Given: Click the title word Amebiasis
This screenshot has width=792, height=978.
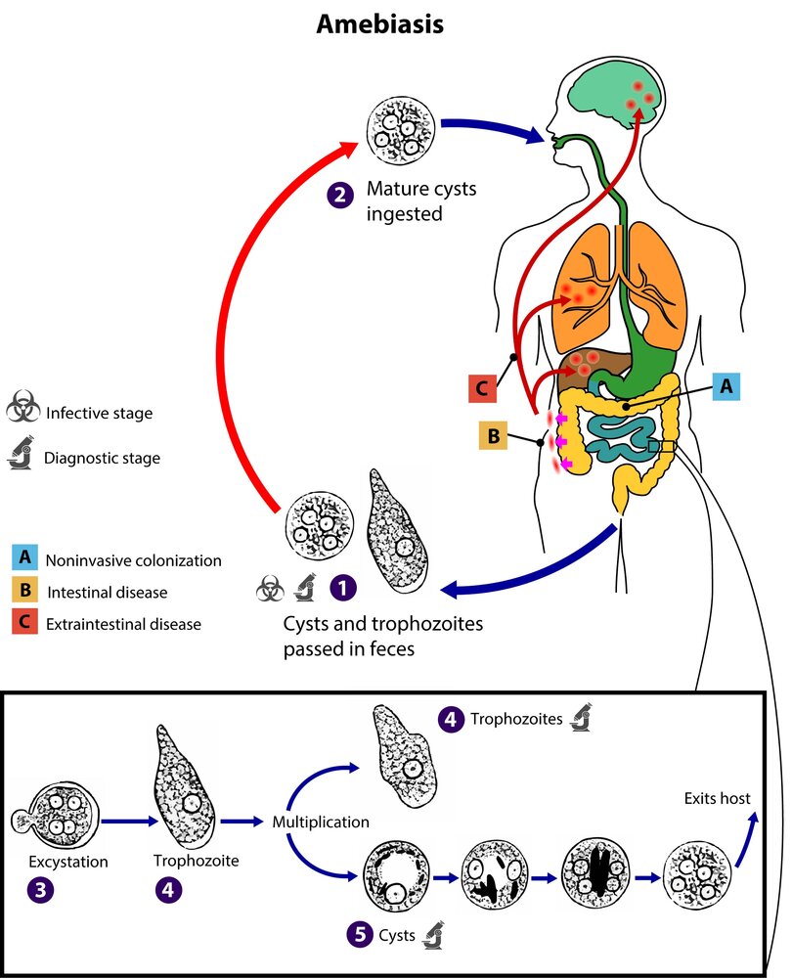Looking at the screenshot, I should [379, 24].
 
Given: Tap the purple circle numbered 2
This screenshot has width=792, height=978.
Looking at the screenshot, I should [338, 197].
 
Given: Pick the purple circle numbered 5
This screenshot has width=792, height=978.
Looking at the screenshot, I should [360, 935].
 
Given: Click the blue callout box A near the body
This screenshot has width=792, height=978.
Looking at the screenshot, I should [725, 387].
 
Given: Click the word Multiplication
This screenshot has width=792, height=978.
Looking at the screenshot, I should [321, 822].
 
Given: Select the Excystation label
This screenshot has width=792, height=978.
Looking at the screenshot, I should [67, 863].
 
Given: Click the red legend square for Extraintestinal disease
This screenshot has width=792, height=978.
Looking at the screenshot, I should [23, 624].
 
